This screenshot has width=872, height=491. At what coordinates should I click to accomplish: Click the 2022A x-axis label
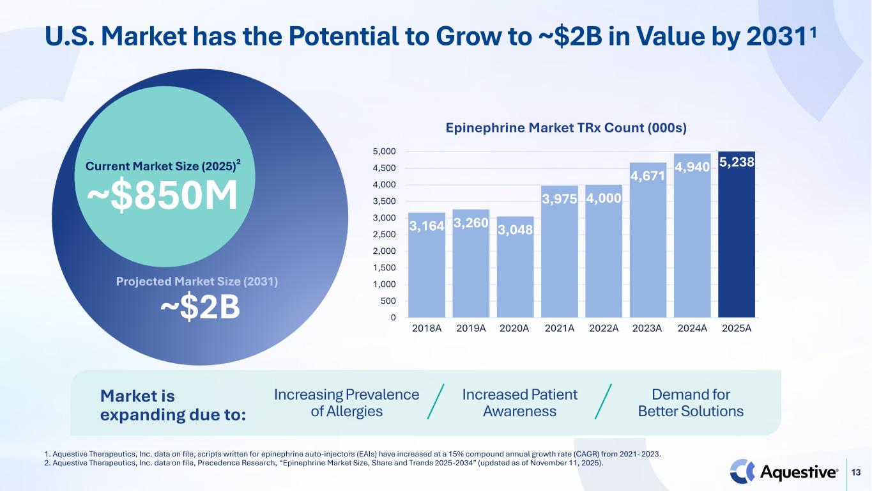pos(604,329)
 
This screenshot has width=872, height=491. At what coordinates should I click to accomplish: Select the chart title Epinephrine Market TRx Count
pos(565,128)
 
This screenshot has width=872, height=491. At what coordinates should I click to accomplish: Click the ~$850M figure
pos(162,197)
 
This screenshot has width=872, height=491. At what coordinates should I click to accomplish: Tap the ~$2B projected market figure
pos(200,307)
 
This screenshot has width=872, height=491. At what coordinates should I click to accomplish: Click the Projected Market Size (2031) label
pos(197,281)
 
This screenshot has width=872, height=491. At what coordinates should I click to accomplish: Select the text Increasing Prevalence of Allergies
pos(346,403)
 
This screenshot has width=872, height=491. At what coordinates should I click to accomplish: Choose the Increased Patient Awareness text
pos(519,403)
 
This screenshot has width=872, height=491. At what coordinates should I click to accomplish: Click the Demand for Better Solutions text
pos(691,403)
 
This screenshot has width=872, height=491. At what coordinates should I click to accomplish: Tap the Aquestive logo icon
pos(742,472)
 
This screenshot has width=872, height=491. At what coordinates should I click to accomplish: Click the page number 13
pos(859,472)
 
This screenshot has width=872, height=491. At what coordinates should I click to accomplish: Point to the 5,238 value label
pos(737,163)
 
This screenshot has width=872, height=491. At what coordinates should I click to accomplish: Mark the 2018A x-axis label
pos(427,329)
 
